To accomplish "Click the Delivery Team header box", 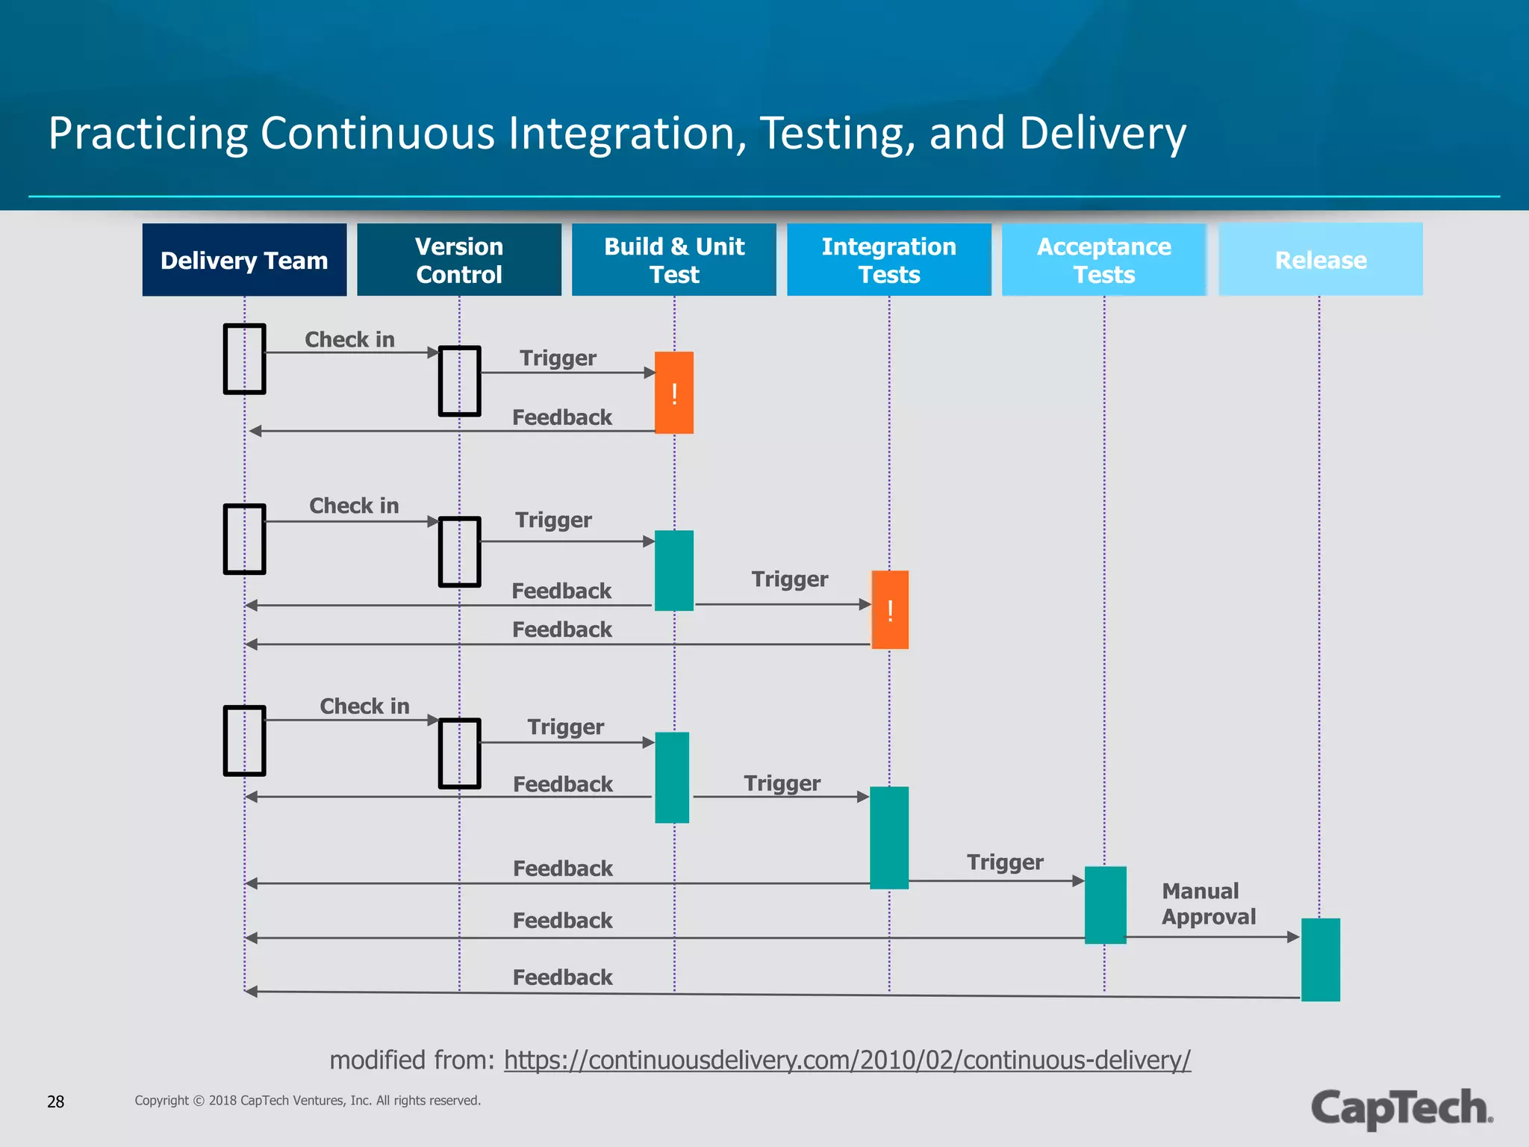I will [x=244, y=260].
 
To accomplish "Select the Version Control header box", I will [x=458, y=260].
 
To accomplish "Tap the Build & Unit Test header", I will [x=673, y=260].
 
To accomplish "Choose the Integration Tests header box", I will [x=888, y=260].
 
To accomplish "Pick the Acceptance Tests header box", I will [x=1103, y=260].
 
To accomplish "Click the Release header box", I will [x=1320, y=260].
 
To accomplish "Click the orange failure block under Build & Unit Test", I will [x=674, y=393].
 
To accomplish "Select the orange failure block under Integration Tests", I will [x=890, y=610].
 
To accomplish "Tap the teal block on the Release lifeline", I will [x=1320, y=960].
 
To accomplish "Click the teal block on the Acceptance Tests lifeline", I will [x=1105, y=905].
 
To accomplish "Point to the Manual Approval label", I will [x=1208, y=904].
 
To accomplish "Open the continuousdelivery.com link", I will [x=847, y=1060].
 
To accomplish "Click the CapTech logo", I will [x=1401, y=1108].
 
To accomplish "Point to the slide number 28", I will [x=56, y=1101].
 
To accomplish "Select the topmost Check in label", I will [x=349, y=340].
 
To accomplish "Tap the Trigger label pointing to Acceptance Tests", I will [x=1005, y=862].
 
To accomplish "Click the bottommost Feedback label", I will [x=562, y=977].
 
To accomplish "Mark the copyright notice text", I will [x=308, y=1101].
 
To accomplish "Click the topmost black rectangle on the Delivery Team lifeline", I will [x=245, y=358].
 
